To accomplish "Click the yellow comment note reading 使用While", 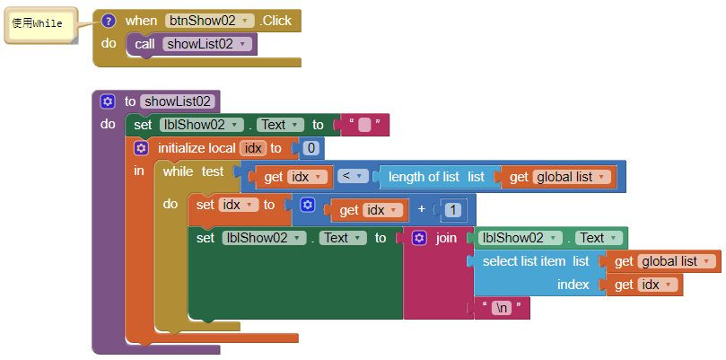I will [38, 24].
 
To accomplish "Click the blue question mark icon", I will [109, 20].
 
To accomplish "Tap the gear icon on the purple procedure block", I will [108, 101].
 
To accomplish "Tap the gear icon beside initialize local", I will [141, 148].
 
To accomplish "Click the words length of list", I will [424, 177].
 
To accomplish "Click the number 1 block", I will [453, 210].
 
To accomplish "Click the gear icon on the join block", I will [419, 238].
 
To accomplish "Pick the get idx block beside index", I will [644, 285].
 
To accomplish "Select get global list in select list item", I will [661, 261].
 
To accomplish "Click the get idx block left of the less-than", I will [294, 177].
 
